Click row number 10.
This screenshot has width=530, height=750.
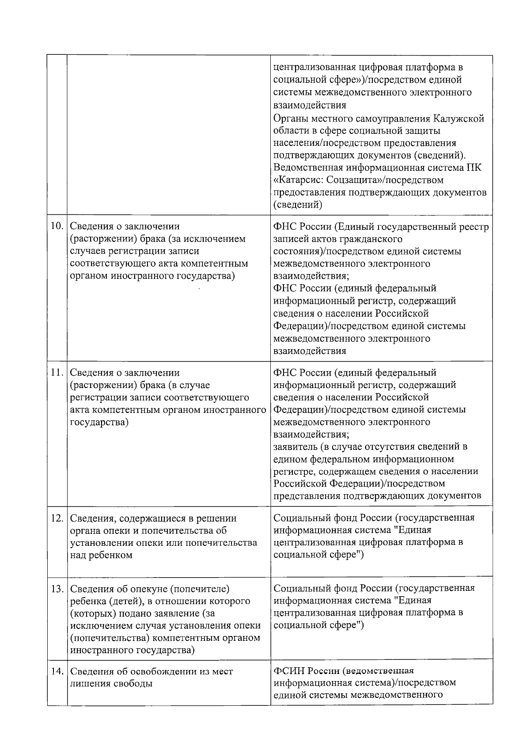tap(57, 226)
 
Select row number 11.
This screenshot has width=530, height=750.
tap(57, 372)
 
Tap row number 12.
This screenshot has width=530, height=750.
tap(57, 518)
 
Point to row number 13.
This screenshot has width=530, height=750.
tap(57, 589)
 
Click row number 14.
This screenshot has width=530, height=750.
tap(57, 671)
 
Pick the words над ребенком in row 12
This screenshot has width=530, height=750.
tap(102, 555)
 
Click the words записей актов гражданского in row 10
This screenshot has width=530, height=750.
tap(338, 239)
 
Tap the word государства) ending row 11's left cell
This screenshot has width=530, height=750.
tap(99, 422)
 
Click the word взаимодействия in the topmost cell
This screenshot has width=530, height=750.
tap(310, 105)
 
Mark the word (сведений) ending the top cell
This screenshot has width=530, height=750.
tap(298, 205)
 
